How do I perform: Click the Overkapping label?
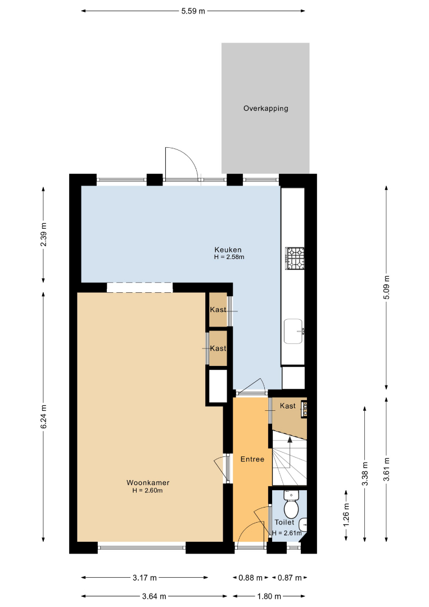tap(265, 108)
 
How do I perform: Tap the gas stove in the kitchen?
tap(295, 258)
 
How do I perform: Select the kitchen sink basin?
tap(293, 331)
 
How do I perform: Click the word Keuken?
tap(228, 250)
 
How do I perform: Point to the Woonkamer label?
tap(148, 483)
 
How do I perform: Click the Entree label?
tap(252, 459)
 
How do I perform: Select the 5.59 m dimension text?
tap(193, 11)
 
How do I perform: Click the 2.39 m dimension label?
tap(44, 234)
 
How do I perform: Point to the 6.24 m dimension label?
tap(44, 416)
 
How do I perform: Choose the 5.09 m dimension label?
tap(386, 287)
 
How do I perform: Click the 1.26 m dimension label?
tap(346, 514)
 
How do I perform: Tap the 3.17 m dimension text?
tap(145, 578)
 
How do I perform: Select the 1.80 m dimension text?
tap(269, 596)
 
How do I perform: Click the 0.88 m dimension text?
tap(251, 578)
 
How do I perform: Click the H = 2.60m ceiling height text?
tap(147, 491)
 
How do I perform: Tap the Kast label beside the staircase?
tap(288, 406)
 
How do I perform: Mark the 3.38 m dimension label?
tap(365, 473)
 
